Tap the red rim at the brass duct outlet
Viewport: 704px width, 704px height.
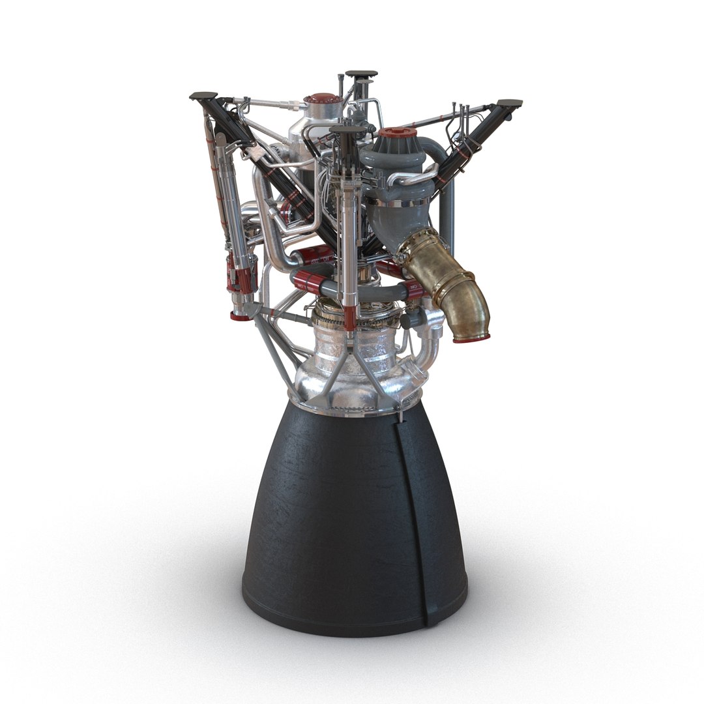click(471, 338)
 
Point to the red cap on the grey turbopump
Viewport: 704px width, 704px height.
click(398, 134)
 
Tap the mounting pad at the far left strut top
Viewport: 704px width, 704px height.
click(203, 96)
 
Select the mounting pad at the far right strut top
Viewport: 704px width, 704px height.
click(509, 103)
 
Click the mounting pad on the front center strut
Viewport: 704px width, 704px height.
click(347, 130)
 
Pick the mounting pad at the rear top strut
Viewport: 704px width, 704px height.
click(361, 74)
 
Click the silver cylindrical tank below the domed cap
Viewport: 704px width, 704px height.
click(306, 140)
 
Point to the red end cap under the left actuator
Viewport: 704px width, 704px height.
click(240, 316)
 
